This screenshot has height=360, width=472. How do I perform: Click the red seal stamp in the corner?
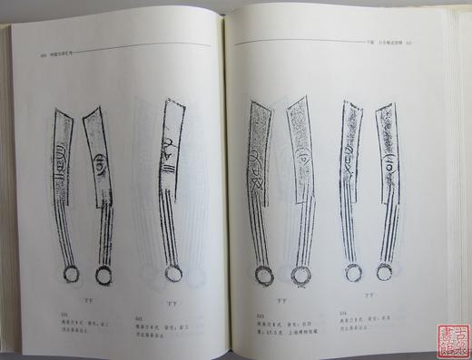449,337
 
